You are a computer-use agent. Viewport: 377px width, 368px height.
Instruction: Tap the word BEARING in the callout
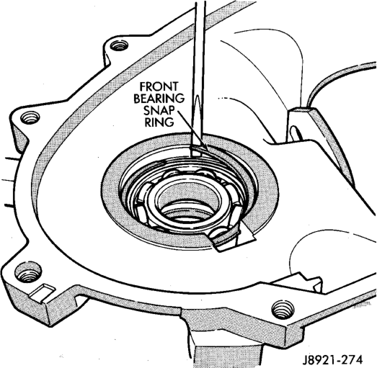[159, 98]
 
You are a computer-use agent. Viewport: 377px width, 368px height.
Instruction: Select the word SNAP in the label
[159, 110]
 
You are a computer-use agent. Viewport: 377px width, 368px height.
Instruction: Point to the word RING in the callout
[159, 122]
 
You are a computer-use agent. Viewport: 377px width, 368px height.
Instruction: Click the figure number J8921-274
[332, 360]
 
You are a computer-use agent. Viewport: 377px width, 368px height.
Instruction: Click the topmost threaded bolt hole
[119, 45]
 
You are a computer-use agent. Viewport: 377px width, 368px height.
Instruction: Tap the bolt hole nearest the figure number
[283, 310]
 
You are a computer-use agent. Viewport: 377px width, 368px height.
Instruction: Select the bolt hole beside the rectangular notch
[27, 273]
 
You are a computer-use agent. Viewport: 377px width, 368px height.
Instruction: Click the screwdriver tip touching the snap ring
[196, 152]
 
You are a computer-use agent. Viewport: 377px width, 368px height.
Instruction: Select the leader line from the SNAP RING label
[193, 131]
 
